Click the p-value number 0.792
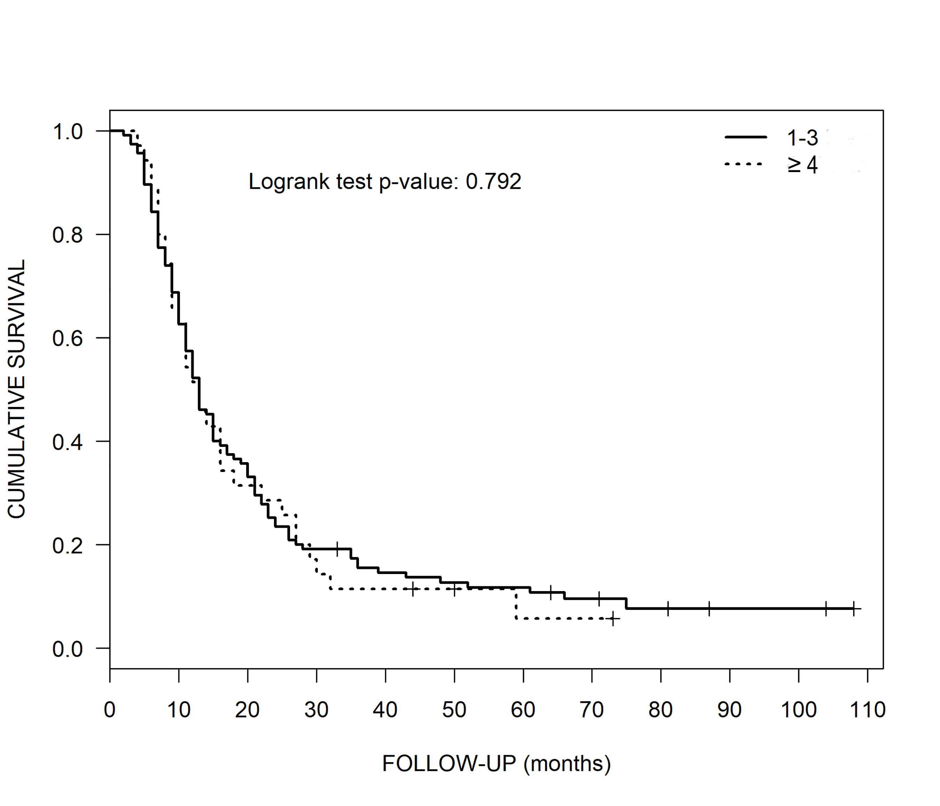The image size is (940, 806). (x=494, y=181)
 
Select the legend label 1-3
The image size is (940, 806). (x=802, y=138)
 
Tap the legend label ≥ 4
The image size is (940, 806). (x=802, y=165)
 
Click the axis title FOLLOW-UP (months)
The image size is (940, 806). (x=496, y=764)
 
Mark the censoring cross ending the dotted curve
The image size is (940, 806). (x=613, y=619)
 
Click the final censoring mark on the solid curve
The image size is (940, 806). (x=853, y=608)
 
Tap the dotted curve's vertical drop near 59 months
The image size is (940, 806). (x=516, y=604)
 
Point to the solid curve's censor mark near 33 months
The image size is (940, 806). (x=337, y=549)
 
